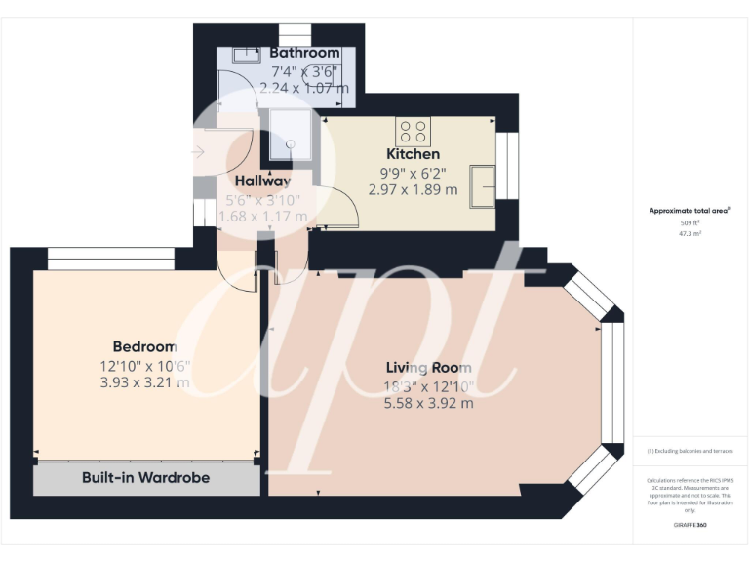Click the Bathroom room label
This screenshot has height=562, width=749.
point(304,53)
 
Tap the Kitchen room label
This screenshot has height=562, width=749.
point(413,154)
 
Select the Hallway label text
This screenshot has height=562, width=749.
point(262,181)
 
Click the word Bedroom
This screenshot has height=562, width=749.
point(144,346)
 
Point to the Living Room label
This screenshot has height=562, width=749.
point(428,368)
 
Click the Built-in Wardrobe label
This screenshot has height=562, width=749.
point(145,478)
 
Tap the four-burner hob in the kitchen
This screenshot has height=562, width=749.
point(413,131)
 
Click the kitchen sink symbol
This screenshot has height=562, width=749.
point(482,185)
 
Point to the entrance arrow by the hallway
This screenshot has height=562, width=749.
point(199,151)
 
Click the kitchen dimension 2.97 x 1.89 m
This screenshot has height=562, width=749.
point(413,190)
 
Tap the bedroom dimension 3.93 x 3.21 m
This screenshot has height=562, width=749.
point(144,382)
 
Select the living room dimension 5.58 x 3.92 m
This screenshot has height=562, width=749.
point(428,402)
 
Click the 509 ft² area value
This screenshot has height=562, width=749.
point(690,223)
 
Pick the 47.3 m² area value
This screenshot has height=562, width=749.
point(690,234)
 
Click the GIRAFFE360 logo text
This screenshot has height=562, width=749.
point(690,526)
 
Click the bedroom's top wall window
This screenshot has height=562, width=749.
point(110,259)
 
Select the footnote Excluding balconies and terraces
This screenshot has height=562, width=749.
point(690,451)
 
